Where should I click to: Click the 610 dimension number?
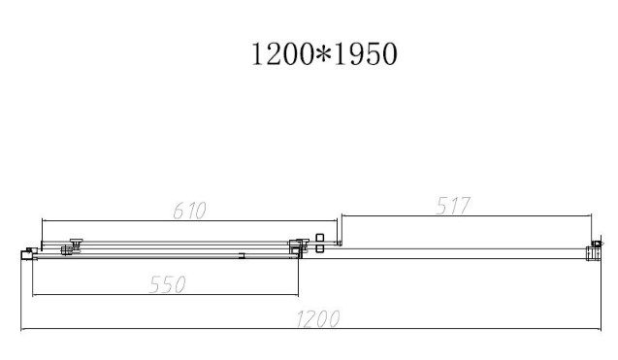[x=189, y=211]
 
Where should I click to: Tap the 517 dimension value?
[x=453, y=206]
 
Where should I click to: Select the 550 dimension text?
[x=168, y=284]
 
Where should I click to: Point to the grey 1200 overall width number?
[x=317, y=319]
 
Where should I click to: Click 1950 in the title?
[x=365, y=54]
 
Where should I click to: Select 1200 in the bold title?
[x=282, y=54]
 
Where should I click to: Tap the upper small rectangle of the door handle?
[x=320, y=238]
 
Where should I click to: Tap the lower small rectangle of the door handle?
[x=320, y=248]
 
